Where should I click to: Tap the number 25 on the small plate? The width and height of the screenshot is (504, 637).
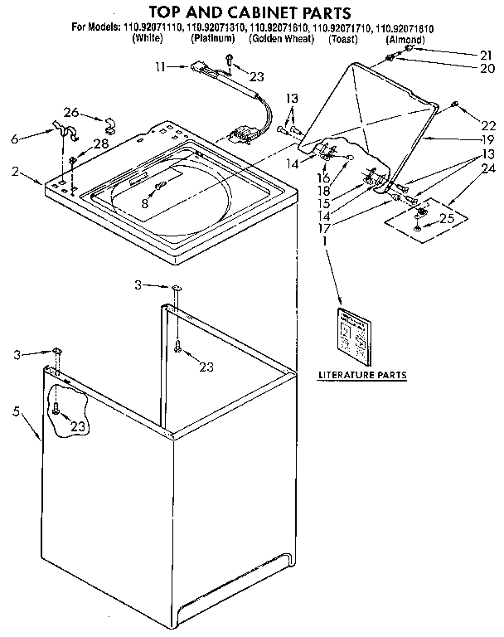click(446, 220)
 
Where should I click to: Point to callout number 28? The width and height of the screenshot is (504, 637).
click(101, 144)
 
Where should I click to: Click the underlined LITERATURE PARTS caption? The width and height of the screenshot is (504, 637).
click(362, 375)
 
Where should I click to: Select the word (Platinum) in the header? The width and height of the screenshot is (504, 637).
click(212, 40)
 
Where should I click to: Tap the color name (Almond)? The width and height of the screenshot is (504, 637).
click(405, 40)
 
